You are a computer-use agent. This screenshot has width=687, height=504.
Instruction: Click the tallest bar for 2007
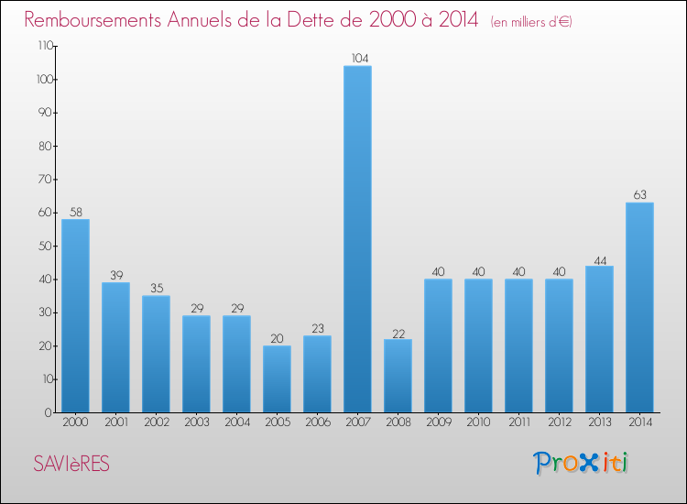tap(357, 238)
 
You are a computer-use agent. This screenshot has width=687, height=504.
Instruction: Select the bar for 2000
tap(75, 315)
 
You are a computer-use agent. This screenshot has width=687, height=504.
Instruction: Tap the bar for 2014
tap(639, 307)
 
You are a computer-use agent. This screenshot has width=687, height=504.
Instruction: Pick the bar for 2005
tap(277, 378)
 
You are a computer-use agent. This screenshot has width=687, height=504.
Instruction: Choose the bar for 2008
tap(398, 376)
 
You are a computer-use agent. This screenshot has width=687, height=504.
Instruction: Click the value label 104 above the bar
tap(357, 59)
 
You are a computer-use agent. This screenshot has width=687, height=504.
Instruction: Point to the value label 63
tap(639, 195)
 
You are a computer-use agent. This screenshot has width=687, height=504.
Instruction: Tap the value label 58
tap(75, 212)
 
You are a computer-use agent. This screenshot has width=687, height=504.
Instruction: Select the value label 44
tap(599, 258)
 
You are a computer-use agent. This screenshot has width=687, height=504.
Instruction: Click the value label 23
tap(317, 328)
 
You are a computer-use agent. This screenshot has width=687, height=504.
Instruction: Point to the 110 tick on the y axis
tap(42, 46)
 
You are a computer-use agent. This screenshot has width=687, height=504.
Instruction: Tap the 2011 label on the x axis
tap(518, 422)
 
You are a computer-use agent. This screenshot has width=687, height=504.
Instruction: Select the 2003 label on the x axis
tap(196, 422)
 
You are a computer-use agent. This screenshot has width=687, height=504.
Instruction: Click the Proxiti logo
tap(582, 463)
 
